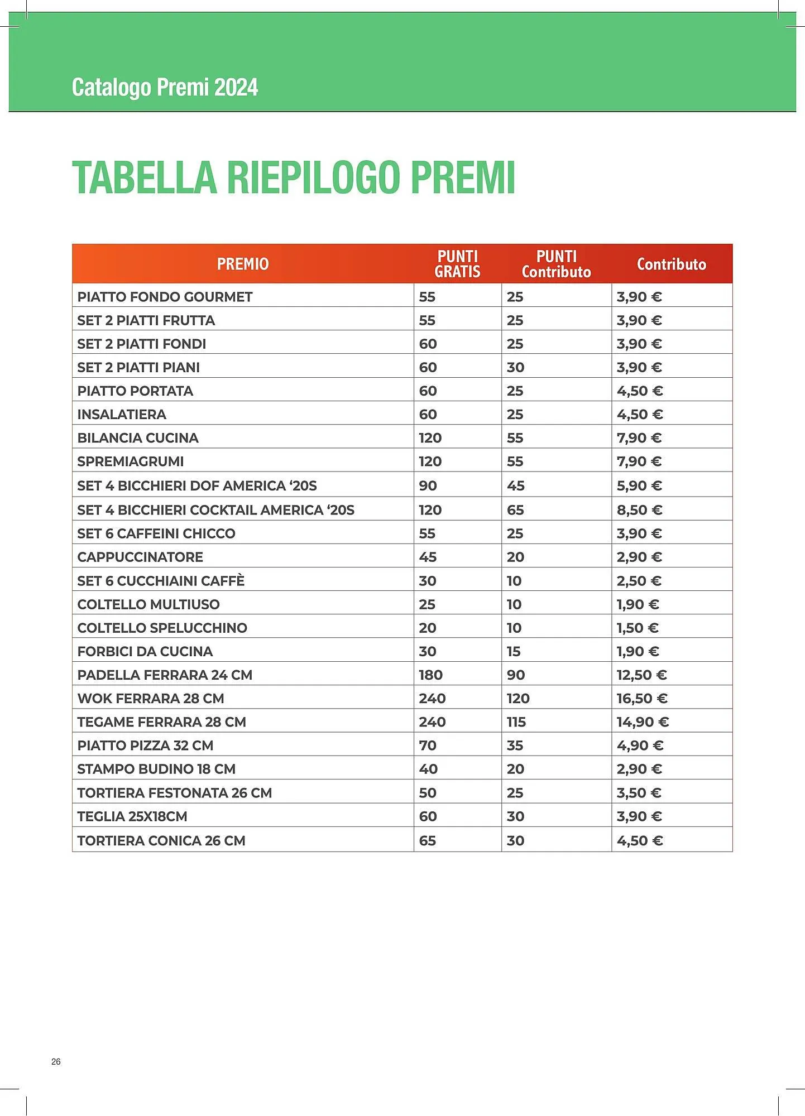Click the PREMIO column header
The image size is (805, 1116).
coord(243,264)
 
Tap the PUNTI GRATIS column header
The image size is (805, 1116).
coord(457,264)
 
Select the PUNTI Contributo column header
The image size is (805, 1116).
coord(556,264)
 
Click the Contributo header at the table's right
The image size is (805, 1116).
coord(671,264)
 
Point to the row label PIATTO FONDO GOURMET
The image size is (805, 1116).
coord(165,297)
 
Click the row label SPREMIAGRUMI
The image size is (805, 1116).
coord(130,461)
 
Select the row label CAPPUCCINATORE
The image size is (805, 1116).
coord(140,557)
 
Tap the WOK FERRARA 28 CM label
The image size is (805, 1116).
coord(151,699)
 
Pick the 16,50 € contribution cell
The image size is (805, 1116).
coord(642,699)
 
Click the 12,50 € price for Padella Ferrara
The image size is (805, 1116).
coord(641,675)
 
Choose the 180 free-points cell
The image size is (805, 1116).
coord(430,675)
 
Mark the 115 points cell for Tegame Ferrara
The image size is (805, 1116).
coord(516,722)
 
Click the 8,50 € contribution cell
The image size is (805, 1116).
coord(639,510)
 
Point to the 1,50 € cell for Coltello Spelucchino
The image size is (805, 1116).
coord(638,628)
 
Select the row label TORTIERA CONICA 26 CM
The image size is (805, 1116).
coord(161,841)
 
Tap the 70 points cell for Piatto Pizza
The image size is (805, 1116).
coord(428,745)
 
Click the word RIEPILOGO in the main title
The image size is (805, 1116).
coord(313,178)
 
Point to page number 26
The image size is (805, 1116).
coord(56,1061)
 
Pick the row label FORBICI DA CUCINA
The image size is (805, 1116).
coord(145,652)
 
